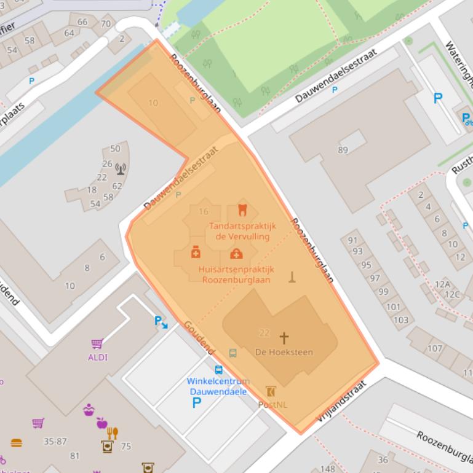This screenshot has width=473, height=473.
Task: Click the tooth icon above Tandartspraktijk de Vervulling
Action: [x=242, y=210]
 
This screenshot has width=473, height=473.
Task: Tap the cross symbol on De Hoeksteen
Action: [x=284, y=338]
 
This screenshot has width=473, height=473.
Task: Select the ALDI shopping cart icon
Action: [x=97, y=344]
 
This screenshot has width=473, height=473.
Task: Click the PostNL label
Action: [x=272, y=404]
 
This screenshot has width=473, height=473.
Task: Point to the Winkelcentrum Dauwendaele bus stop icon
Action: [x=218, y=370]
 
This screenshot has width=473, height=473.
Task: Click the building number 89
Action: [x=343, y=149]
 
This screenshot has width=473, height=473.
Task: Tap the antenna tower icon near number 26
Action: [x=121, y=168]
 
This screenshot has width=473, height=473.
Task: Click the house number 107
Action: [x=435, y=348]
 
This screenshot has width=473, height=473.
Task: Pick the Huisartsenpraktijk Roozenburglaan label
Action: [x=236, y=275]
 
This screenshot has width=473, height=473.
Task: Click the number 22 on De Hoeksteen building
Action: [x=264, y=333]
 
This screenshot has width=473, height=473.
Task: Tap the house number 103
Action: [x=400, y=319]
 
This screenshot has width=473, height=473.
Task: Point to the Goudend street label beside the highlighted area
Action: [x=199, y=337]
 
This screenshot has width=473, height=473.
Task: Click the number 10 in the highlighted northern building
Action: [x=153, y=103]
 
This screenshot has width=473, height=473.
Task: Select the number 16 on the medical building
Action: [x=203, y=211]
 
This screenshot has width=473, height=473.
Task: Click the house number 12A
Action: [x=442, y=284]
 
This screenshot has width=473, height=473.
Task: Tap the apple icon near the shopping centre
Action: [x=101, y=423]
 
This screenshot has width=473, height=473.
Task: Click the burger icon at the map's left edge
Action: [x=16, y=442]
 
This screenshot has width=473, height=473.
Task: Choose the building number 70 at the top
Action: [x=106, y=24]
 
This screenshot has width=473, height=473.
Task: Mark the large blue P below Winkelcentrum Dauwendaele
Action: [x=197, y=403]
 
